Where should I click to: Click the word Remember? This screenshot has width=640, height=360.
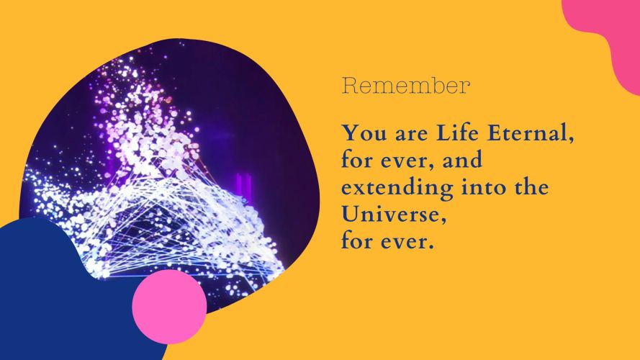pos(406,86)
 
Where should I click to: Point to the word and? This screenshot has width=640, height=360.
pos(462,160)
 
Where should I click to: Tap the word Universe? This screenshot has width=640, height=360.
pos(391,214)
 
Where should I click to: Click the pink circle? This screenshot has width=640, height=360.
pos(169,307)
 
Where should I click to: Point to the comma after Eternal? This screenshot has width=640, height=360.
pos(570,140)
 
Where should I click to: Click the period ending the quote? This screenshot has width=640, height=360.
pos(429,248)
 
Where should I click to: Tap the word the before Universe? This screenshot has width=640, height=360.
pos(531,187)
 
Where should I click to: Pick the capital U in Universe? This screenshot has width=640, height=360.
pos(350,215)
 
